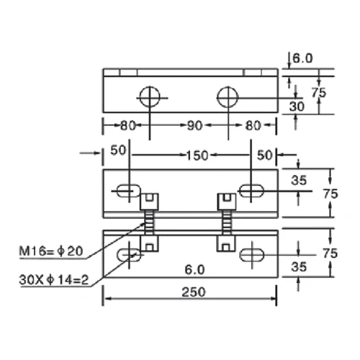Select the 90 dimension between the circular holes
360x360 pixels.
click(x=194, y=125)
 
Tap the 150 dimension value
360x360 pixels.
click(x=197, y=156)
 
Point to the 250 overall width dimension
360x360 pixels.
click(x=194, y=292)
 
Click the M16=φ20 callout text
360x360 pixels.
click(x=51, y=251)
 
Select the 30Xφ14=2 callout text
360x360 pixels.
click(x=54, y=280)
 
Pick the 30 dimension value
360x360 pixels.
click(x=297, y=107)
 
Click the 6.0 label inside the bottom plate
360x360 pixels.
click(x=194, y=270)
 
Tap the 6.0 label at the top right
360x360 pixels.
click(x=302, y=58)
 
